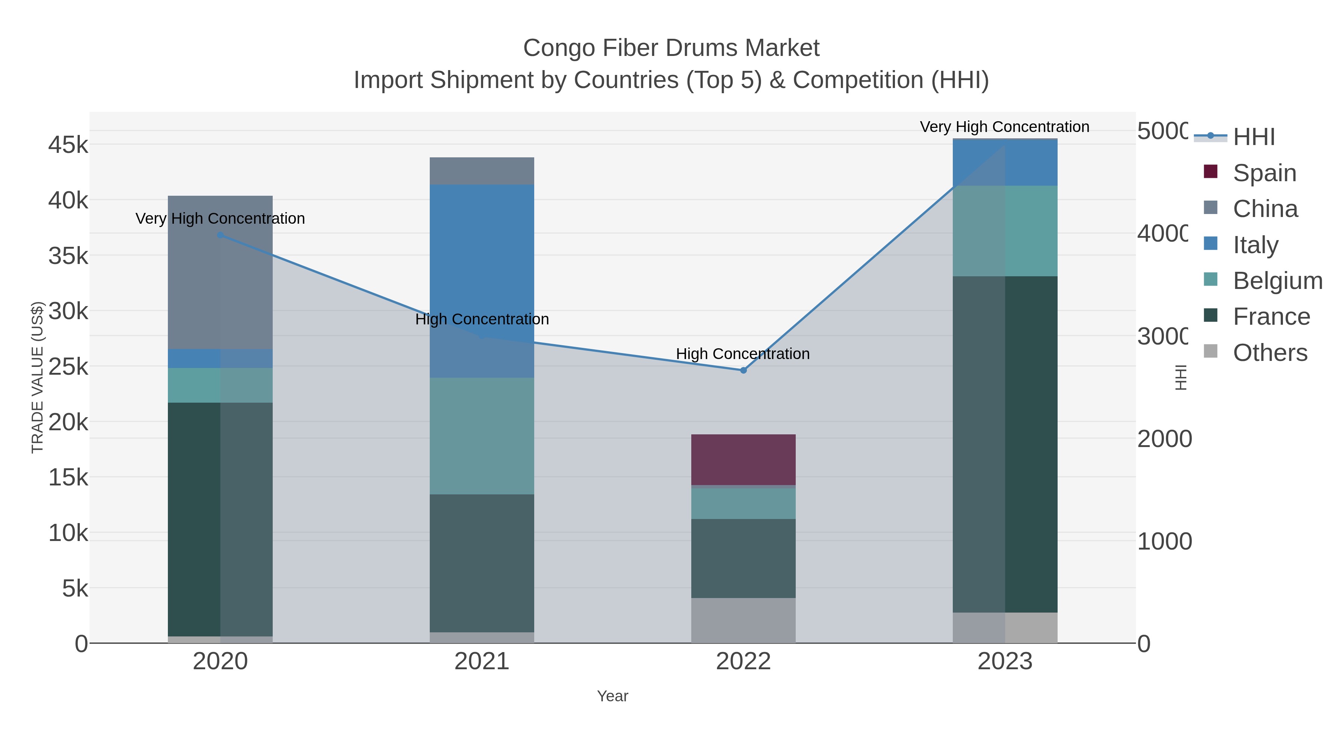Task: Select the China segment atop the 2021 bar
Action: click(x=482, y=171)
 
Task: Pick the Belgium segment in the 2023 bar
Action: click(x=1005, y=231)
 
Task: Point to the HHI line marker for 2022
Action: click(x=743, y=371)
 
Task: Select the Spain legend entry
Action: click(x=1264, y=173)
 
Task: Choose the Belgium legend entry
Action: click(x=1277, y=280)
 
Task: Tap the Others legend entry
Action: click(x=1270, y=353)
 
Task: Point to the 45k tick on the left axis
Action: click(x=68, y=145)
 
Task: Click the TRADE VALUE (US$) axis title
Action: click(x=38, y=377)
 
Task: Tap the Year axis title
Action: click(x=612, y=696)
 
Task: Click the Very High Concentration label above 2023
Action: click(x=1004, y=127)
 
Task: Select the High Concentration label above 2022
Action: click(x=742, y=354)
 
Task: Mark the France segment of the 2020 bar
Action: click(x=220, y=519)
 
